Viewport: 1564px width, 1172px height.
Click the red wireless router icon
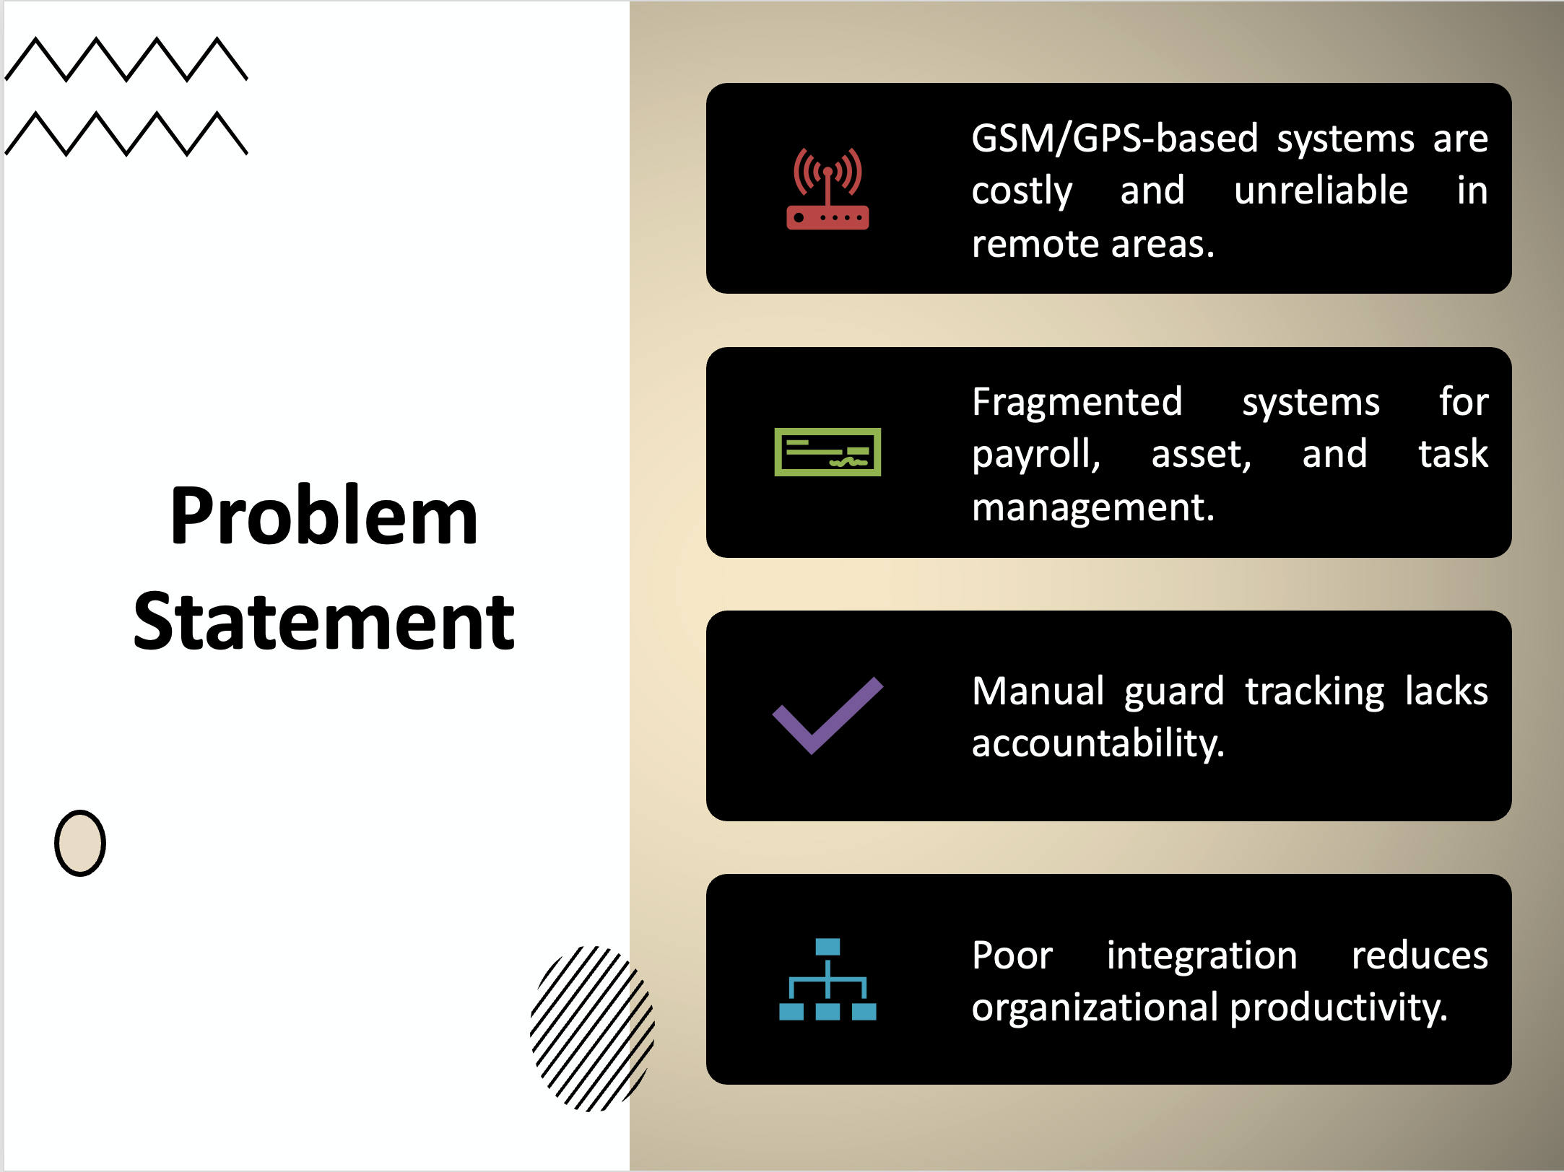pyautogui.click(x=827, y=188)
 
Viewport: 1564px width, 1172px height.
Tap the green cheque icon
pyautogui.click(x=827, y=452)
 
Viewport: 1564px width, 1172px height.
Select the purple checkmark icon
pyautogui.click(x=827, y=715)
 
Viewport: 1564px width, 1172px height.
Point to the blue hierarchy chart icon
pyautogui.click(x=827, y=979)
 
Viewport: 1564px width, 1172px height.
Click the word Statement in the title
pyautogui.click(x=324, y=621)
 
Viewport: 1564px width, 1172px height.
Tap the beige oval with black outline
pyautogui.click(x=80, y=843)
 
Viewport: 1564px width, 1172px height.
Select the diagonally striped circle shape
pyautogui.click(x=592, y=1028)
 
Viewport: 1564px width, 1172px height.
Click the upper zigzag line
pyautogui.click(x=126, y=58)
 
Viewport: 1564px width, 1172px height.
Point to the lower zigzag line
pyautogui.click(x=126, y=134)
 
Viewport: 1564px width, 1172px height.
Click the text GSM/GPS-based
pyautogui.click(x=1115, y=138)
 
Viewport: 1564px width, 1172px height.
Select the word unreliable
pyautogui.click(x=1321, y=191)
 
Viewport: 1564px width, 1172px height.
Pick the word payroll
pyautogui.click(x=1036, y=455)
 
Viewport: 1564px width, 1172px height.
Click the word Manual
pyautogui.click(x=1038, y=691)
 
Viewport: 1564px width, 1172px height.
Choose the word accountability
pyautogui.click(x=1098, y=743)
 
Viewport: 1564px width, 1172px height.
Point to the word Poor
pyautogui.click(x=1012, y=955)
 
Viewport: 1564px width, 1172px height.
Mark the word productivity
pyautogui.click(x=1339, y=1007)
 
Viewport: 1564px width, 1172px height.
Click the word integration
pyautogui.click(x=1202, y=955)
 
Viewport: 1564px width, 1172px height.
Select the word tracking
pyautogui.click(x=1315, y=691)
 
